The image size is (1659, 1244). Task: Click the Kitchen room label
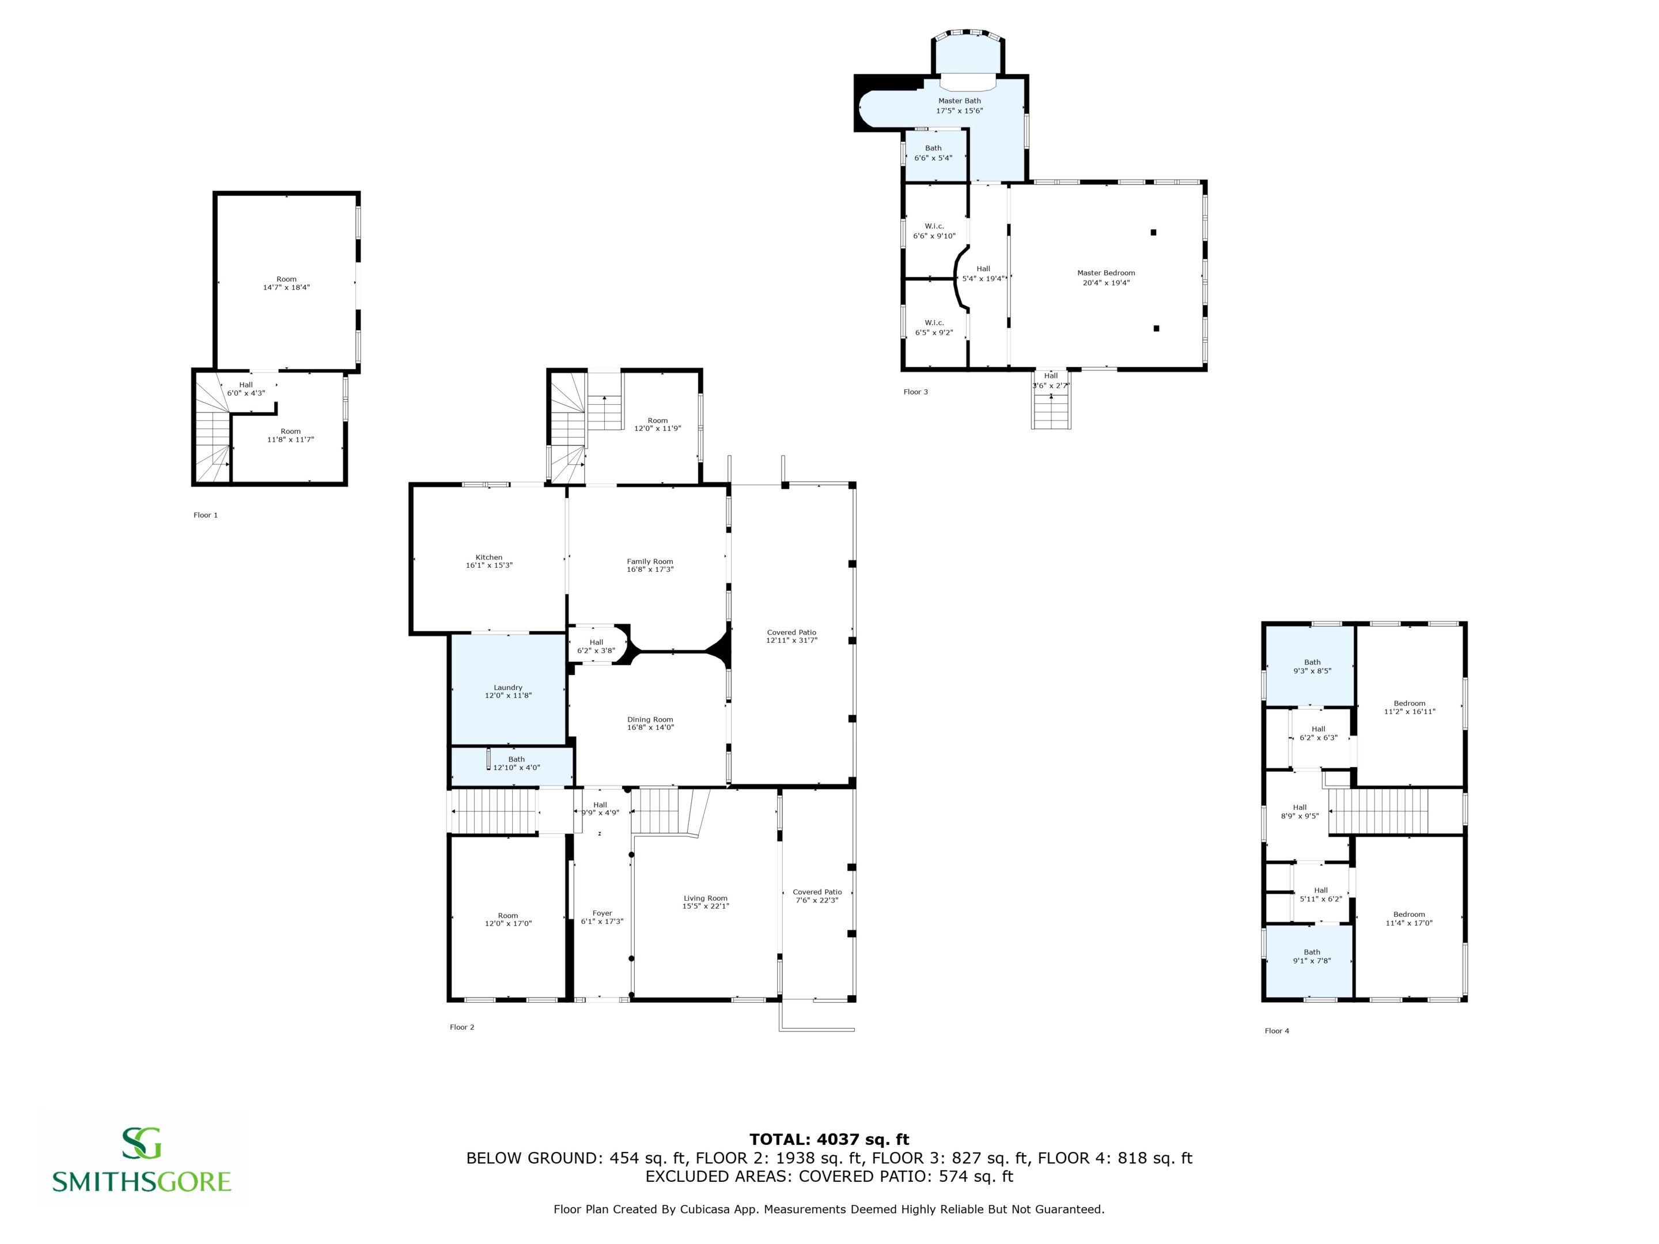(489, 557)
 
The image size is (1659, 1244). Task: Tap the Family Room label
(650, 562)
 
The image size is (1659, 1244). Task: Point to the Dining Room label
(650, 720)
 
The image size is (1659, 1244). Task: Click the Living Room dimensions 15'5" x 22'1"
(705, 907)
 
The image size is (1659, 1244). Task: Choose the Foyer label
(602, 913)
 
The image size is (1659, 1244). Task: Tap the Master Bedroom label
(1106, 273)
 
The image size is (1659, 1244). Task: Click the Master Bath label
(959, 100)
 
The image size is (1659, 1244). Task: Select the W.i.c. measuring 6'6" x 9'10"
(934, 231)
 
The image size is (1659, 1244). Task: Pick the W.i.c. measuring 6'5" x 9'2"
(934, 328)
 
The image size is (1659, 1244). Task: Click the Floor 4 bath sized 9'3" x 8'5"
(1312, 666)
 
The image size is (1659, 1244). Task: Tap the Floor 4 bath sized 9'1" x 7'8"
(1312, 956)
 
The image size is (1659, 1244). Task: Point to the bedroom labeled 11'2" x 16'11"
(1409, 708)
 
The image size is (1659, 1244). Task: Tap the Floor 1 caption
(206, 515)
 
